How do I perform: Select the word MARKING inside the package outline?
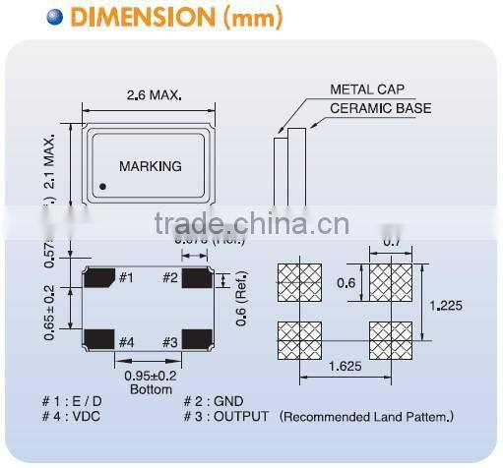[x=150, y=166]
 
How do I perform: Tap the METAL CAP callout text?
[x=365, y=90]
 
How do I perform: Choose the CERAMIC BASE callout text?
[x=380, y=108]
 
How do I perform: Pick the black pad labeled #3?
[x=198, y=342]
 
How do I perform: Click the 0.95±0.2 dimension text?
[x=149, y=375]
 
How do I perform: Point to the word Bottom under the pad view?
[x=150, y=389]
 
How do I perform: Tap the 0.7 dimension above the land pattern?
[x=391, y=241]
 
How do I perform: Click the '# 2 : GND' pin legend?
[x=214, y=402]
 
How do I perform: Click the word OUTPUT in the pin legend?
[x=241, y=417]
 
